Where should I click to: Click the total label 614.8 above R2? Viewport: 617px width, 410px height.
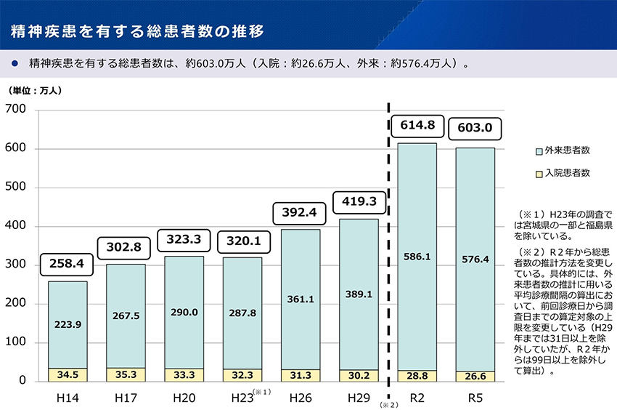coord(417,126)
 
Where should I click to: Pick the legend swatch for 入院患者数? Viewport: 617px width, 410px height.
coord(539,173)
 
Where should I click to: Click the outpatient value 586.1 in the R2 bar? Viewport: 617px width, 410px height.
coord(417,257)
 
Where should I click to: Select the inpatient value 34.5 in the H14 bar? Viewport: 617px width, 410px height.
coord(68,375)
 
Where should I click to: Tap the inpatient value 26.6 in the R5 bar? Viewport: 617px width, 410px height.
coord(475,377)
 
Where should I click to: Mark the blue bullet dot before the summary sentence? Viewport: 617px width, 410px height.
coord(14,63)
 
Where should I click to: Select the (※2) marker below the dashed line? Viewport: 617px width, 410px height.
coord(388,403)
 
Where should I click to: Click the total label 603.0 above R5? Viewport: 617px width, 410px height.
coord(475,128)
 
